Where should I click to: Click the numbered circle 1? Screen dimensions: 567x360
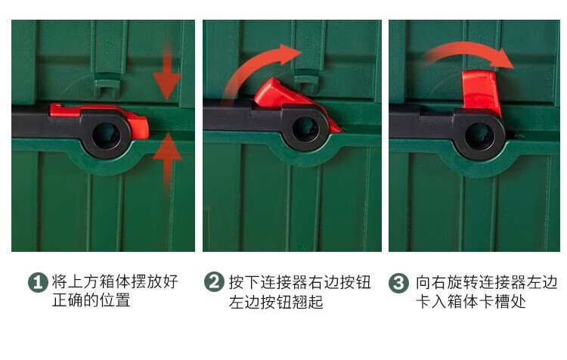(x=38, y=282)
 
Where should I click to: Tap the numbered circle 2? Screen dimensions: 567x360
(x=214, y=281)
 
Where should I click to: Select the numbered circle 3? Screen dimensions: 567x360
(x=398, y=283)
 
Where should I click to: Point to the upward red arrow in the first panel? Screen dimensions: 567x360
(x=167, y=163)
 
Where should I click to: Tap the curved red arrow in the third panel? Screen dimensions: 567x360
(x=466, y=51)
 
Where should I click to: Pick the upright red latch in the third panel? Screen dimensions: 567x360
(x=480, y=90)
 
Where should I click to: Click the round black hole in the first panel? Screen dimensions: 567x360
(x=106, y=135)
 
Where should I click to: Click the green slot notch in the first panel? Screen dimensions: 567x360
(x=107, y=85)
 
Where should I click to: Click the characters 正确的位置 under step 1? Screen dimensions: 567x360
(x=91, y=301)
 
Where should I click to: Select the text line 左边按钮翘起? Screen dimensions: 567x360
(x=276, y=302)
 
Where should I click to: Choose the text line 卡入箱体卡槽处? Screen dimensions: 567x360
(x=471, y=301)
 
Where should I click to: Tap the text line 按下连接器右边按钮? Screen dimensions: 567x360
(x=300, y=282)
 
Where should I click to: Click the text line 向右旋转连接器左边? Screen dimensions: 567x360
(x=486, y=282)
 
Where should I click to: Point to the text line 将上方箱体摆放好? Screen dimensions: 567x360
(x=115, y=281)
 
